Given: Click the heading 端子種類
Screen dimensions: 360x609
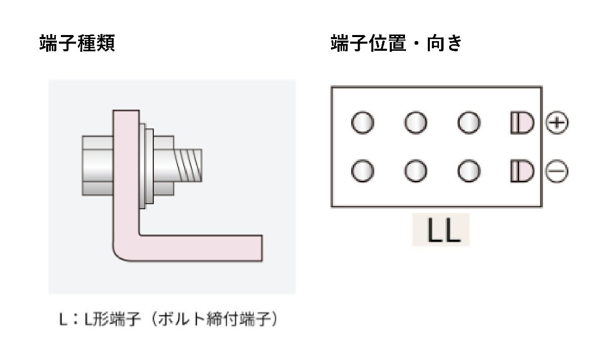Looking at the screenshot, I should click(x=77, y=44).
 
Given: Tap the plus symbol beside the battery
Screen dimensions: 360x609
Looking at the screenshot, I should click(x=557, y=123).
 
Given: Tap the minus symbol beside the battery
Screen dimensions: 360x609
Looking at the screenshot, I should click(x=557, y=172).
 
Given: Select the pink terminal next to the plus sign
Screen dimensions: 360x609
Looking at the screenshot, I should click(x=522, y=123).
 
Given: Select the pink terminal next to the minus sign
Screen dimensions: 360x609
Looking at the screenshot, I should click(x=522, y=172).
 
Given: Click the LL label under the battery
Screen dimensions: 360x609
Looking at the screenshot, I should click(x=441, y=231).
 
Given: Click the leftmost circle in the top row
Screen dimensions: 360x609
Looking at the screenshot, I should click(x=362, y=123).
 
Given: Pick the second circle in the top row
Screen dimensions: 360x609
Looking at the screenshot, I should click(x=416, y=123).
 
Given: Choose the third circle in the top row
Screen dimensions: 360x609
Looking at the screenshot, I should click(x=468, y=123).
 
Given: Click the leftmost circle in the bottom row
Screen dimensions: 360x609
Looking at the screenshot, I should click(x=362, y=172).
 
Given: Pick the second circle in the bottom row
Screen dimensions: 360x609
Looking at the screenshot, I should click(x=416, y=172).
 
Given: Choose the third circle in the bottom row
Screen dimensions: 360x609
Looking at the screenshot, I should click(x=468, y=172).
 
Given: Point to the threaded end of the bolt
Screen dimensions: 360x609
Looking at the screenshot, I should click(x=190, y=165).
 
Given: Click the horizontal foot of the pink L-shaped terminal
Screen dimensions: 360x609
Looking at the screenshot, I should click(x=203, y=248).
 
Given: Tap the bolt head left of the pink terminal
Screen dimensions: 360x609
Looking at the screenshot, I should click(x=96, y=165).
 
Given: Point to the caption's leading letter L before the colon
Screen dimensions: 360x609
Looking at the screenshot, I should click(x=62, y=320).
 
